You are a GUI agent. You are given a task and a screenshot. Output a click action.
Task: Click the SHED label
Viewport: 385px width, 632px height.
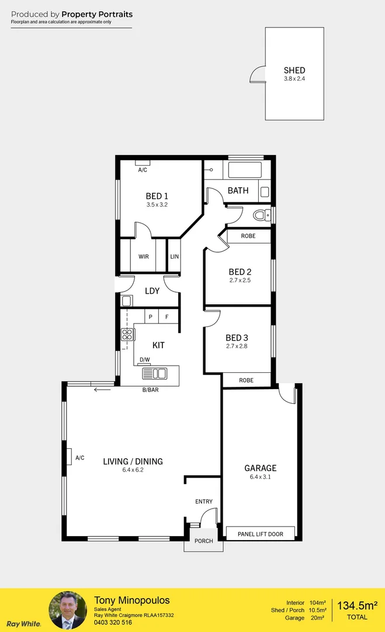(294, 70)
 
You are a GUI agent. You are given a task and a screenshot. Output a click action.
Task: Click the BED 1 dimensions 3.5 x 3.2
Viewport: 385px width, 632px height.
(157, 205)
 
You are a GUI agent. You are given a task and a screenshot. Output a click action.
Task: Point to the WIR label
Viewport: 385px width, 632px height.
(143, 257)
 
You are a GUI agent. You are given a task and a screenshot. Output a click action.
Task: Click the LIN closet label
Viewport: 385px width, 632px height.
(174, 257)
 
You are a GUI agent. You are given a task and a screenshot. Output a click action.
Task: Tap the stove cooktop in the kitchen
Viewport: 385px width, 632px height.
(127, 335)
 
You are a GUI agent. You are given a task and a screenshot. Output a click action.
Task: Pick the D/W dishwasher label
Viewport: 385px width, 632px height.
(144, 360)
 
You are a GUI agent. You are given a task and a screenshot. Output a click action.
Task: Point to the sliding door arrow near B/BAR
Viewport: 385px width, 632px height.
(103, 389)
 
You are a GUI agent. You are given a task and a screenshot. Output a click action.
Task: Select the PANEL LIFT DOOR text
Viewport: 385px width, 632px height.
(261, 534)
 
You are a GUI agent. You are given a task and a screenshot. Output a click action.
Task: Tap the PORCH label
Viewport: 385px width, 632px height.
(203, 541)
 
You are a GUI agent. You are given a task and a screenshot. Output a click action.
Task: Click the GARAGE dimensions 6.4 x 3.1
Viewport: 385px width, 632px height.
(261, 477)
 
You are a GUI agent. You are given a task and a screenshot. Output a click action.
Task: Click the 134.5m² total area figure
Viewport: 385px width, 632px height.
(357, 604)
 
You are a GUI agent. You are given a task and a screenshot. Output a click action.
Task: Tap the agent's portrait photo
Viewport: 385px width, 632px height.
(68, 610)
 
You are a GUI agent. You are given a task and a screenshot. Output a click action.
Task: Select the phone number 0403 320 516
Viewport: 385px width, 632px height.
(114, 623)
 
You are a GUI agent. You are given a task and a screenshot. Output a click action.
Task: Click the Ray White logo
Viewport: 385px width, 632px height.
(23, 624)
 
